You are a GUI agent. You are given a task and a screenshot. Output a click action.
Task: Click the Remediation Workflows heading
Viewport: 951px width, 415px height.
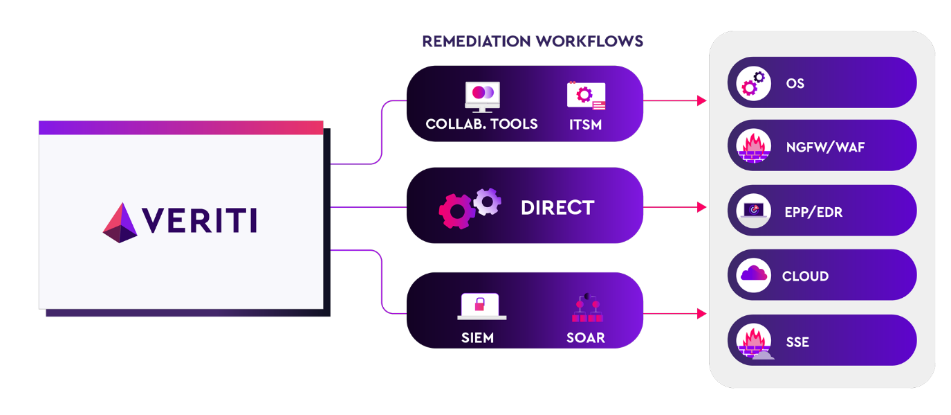coord(533,42)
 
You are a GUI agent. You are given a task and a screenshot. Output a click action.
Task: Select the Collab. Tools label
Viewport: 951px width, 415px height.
coord(481,125)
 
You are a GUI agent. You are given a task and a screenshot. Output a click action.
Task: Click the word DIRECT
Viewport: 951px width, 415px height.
coord(557,208)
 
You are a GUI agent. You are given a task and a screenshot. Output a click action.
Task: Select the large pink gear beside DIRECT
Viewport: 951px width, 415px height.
coord(457,211)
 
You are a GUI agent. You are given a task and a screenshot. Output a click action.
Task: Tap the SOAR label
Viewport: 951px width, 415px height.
coord(586,338)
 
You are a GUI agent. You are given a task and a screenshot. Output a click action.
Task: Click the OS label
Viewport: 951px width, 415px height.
coord(795,84)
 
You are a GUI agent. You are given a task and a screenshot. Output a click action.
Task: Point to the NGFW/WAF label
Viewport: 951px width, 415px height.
coord(816,148)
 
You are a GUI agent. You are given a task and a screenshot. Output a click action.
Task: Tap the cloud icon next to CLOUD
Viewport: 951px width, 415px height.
coord(754,275)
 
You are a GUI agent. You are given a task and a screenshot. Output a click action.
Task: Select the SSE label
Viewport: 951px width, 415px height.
coord(797,342)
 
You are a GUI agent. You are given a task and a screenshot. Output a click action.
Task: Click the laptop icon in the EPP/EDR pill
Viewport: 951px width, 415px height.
coord(753,211)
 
